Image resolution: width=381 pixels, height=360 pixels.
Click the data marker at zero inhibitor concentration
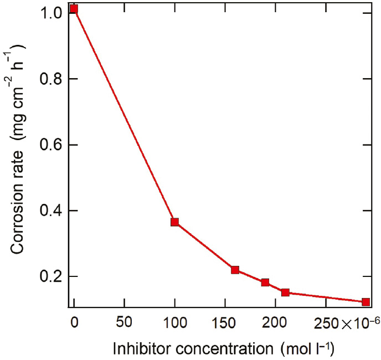pyautogui.click(x=74, y=9)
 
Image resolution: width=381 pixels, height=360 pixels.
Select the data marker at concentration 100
pyautogui.click(x=174, y=222)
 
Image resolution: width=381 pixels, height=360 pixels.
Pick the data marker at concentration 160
pyautogui.click(x=235, y=270)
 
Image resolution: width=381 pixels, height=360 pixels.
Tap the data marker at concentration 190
pyautogui.click(x=265, y=282)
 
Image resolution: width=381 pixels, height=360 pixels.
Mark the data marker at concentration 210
pyautogui.click(x=285, y=292)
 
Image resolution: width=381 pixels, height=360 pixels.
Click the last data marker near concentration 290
pyautogui.click(x=365, y=302)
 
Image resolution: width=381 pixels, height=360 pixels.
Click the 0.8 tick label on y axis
pyautogui.click(x=50, y=79)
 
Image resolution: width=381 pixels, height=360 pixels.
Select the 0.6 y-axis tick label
pyautogui.click(x=50, y=145)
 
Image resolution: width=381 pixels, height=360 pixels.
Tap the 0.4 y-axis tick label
pyautogui.click(x=50, y=210)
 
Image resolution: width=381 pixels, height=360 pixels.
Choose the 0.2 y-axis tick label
pyautogui.click(x=50, y=276)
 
